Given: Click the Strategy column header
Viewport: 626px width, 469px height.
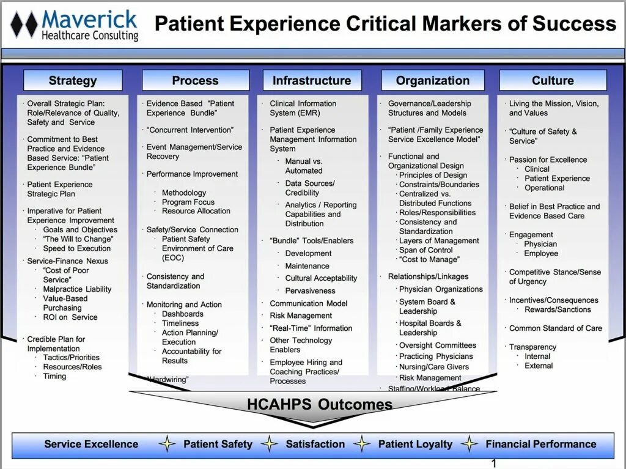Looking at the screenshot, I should point(73,81).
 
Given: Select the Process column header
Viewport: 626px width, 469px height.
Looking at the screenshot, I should point(195,81).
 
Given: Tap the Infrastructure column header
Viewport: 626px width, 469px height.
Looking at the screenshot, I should point(312,81).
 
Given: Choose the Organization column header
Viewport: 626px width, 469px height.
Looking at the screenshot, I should point(433,81).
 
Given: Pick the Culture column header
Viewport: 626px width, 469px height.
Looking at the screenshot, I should point(553,81).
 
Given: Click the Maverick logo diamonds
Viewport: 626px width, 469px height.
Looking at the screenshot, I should point(24,25).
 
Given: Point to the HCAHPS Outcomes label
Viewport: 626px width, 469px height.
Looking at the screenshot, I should point(320,404).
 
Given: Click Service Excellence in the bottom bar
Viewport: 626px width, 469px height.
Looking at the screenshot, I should point(91,445).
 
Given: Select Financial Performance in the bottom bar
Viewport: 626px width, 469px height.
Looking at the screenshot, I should point(541,445).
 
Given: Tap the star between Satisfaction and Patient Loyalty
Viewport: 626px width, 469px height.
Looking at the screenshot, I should point(362,445).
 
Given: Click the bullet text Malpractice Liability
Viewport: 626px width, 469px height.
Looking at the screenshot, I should point(77,289).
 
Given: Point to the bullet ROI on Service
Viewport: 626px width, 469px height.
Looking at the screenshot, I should point(70,317).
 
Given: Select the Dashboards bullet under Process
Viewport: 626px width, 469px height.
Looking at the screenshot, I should point(182,314).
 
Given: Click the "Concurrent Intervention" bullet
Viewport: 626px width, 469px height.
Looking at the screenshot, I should point(190,130).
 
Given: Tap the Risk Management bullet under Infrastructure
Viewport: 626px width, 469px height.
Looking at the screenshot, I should point(301,316).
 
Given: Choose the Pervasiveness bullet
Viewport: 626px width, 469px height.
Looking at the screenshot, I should point(310,291).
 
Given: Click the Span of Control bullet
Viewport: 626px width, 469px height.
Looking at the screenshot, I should point(426,250).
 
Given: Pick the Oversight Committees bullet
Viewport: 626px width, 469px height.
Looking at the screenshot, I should point(437,345).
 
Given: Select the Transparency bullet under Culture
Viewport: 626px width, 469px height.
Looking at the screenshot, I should point(532,347).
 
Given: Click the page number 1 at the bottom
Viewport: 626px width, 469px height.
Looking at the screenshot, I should point(494,463).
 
